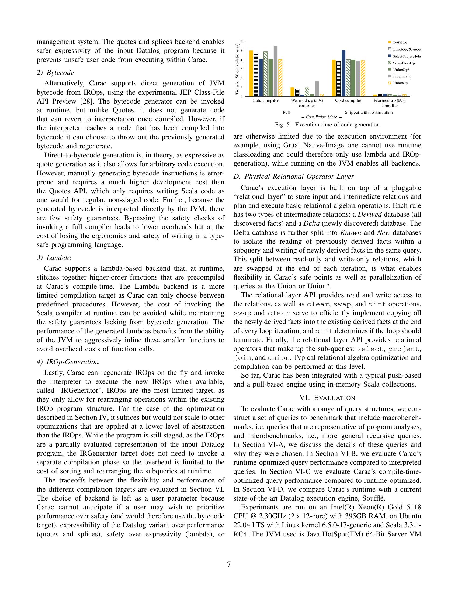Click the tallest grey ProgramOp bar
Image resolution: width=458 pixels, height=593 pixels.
275,71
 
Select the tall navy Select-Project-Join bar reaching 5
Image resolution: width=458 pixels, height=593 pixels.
343,73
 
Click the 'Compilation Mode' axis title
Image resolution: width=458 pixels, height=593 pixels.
321,117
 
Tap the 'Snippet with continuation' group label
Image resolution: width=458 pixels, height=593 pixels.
369,112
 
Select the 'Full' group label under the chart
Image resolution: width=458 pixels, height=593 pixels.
286,112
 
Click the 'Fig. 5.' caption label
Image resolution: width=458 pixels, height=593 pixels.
283,125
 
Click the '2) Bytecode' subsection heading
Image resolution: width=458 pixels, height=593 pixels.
55,73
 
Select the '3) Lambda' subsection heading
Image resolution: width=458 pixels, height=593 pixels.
54,257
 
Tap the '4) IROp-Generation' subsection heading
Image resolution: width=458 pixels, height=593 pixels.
68,362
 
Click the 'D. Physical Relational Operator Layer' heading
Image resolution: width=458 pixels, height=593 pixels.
294,177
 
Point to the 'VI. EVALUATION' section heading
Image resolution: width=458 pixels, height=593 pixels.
327,398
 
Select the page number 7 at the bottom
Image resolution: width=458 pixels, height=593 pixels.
229,564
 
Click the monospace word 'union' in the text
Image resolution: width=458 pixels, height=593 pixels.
279,358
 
